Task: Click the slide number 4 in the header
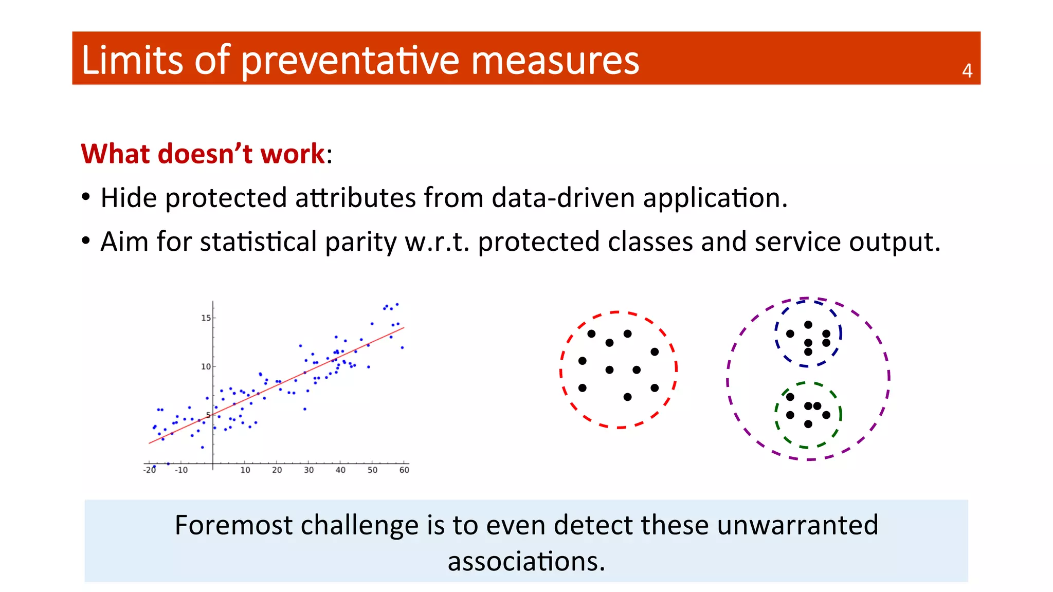click(967, 71)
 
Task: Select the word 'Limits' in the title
click(132, 60)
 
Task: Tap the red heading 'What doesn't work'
click(203, 154)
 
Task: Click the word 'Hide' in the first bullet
click(129, 198)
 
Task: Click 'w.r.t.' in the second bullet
click(438, 242)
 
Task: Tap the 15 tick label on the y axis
click(206, 318)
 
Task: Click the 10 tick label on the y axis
click(206, 366)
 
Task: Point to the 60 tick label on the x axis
click(404, 470)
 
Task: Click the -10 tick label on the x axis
click(181, 470)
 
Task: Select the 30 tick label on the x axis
click(308, 470)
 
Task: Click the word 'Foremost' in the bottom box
click(232, 525)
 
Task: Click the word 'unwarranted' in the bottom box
click(797, 525)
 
